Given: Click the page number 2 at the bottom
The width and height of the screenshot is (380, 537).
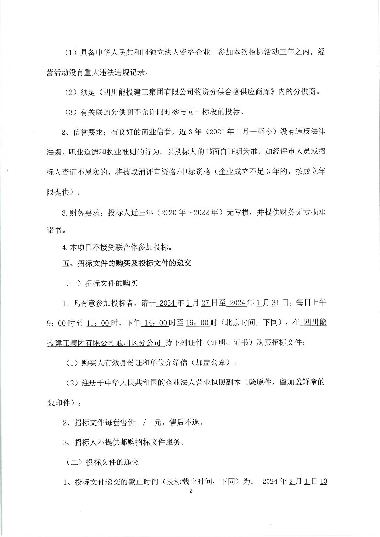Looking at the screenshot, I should (190, 491).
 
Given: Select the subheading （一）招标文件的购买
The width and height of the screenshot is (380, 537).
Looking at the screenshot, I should (101, 283).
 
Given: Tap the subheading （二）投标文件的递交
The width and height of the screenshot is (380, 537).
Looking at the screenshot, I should (101, 462).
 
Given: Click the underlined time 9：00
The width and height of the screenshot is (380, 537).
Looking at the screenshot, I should (56, 323).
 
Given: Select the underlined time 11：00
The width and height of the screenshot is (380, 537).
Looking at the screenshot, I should (99, 323).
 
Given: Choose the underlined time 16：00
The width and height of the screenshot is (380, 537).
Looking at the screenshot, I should (197, 323).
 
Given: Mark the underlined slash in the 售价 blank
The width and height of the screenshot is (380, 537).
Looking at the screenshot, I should (145, 423).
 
